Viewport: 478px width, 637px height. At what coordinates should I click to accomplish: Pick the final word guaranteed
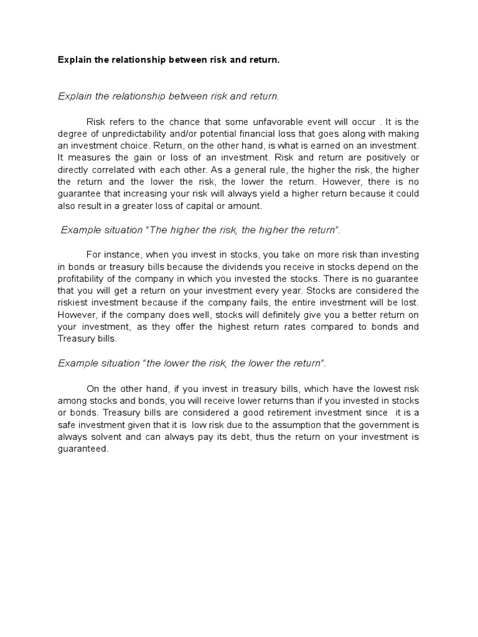pyautogui.click(x=83, y=448)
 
